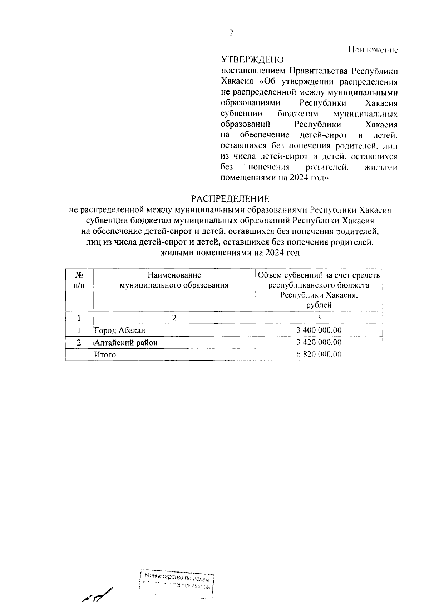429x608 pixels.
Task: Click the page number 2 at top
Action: (231, 33)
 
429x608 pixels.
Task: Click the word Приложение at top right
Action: (373, 50)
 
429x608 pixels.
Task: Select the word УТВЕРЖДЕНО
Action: (252, 60)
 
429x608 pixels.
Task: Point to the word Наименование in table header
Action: (174, 275)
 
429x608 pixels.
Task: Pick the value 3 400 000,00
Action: (319, 330)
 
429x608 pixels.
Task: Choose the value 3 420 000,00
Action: (319, 342)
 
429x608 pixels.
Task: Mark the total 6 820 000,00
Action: (319, 354)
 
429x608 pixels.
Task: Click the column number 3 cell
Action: (319, 318)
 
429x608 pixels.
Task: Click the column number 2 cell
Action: (174, 318)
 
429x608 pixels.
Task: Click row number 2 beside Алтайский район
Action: (79, 343)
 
